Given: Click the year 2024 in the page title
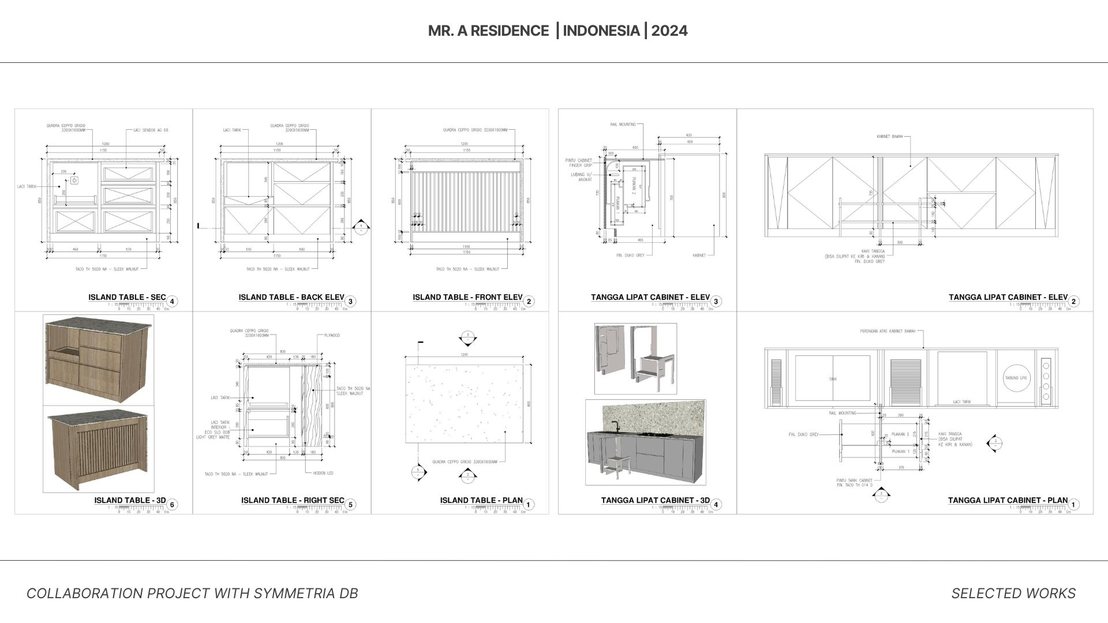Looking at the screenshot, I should pyautogui.click(x=669, y=31).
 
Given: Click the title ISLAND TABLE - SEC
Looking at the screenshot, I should pyautogui.click(x=127, y=298).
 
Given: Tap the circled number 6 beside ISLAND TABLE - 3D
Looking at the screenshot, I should pyautogui.click(x=171, y=505).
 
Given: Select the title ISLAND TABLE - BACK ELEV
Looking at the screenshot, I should pyautogui.click(x=291, y=298).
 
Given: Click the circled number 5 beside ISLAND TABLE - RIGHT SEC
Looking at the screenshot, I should pyautogui.click(x=350, y=505).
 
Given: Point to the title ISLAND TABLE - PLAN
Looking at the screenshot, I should pyautogui.click(x=481, y=501).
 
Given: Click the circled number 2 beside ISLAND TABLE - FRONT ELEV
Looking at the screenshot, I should pyautogui.click(x=529, y=301).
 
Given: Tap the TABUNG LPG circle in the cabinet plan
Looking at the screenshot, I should pyautogui.click(x=1016, y=378).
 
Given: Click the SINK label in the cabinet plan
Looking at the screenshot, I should pyautogui.click(x=833, y=379).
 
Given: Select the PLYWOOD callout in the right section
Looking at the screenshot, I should pyautogui.click(x=332, y=335).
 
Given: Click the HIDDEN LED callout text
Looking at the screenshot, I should pyautogui.click(x=323, y=473).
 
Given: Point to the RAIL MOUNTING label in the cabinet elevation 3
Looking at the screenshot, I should pyautogui.click(x=623, y=125).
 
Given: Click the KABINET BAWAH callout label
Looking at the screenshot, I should pyautogui.click(x=889, y=137).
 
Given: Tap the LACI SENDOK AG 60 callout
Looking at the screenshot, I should pyautogui.click(x=151, y=130).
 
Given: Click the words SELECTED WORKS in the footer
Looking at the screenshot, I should pyautogui.click(x=1013, y=594).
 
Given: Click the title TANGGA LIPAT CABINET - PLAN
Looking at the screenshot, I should pyautogui.click(x=1008, y=501).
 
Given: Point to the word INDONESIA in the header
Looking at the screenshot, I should pyautogui.click(x=601, y=31).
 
